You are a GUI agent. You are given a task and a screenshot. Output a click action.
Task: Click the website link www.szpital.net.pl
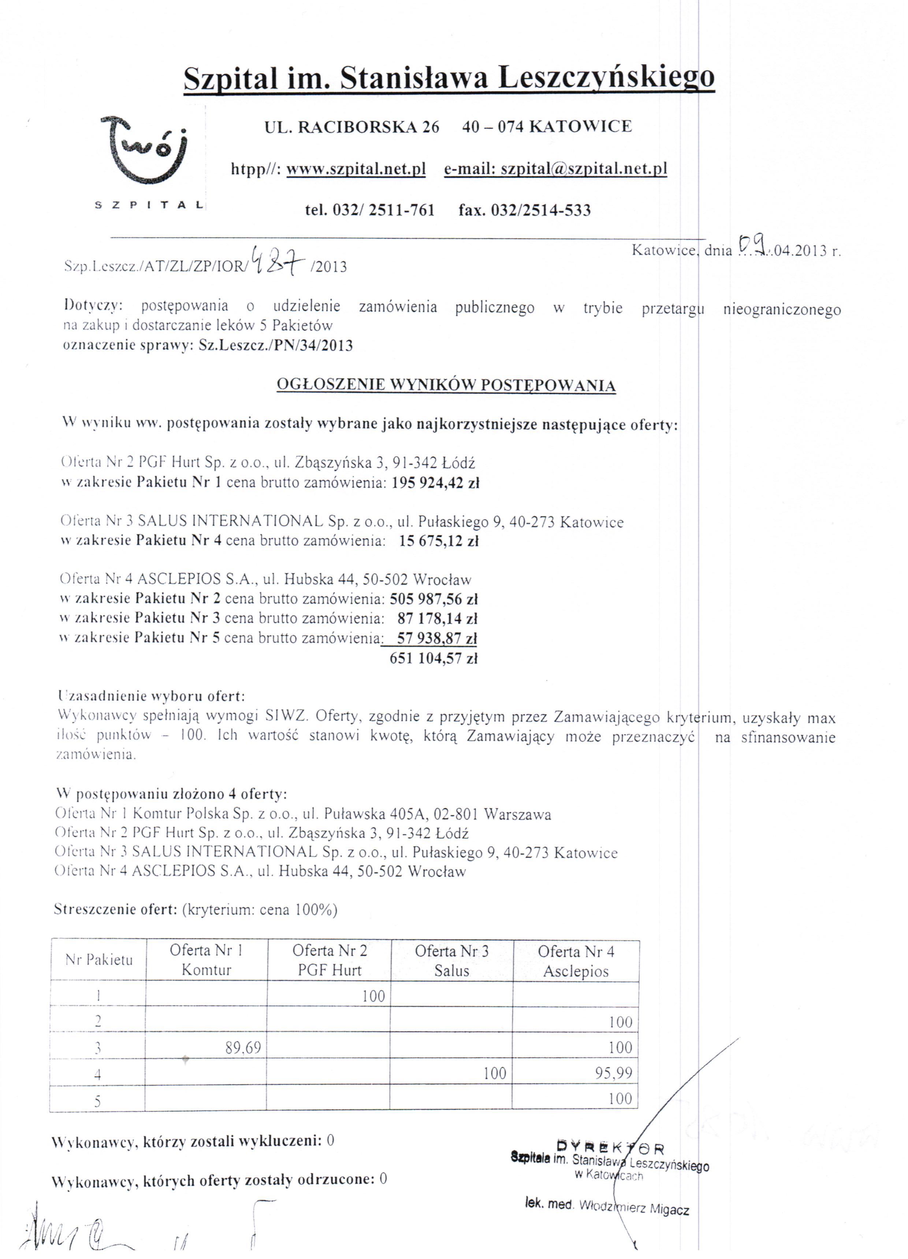(356, 169)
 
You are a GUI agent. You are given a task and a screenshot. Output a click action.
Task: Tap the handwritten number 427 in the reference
(278, 261)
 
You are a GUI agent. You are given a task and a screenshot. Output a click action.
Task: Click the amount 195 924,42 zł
(435, 482)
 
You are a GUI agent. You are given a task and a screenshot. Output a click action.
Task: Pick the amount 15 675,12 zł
(439, 541)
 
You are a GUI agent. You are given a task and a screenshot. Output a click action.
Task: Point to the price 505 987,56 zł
(433, 599)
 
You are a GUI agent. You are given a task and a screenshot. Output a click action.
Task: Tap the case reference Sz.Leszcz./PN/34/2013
(275, 346)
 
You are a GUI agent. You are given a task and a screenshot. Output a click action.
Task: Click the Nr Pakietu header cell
(99, 960)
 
